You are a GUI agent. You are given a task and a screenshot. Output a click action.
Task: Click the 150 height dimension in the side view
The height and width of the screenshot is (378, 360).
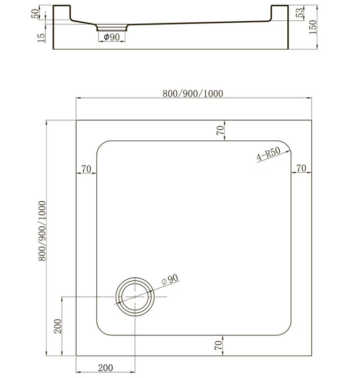coord(313,27)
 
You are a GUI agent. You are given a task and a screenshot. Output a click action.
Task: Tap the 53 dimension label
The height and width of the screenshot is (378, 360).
coord(299,13)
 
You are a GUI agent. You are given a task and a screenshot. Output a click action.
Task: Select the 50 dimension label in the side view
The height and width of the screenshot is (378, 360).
coord(35,14)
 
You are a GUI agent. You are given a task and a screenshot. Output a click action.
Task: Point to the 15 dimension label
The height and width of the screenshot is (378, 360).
coord(41,38)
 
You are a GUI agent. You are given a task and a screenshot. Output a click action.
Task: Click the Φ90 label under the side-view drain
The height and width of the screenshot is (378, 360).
coord(111,37)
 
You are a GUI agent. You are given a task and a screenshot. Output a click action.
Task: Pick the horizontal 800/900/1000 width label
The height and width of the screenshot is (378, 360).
coord(193,94)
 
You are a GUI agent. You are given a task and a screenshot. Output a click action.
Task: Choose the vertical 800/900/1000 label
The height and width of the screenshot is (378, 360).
coord(42,231)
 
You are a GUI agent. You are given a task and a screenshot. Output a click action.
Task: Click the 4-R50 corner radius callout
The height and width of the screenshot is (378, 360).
coord(268,154)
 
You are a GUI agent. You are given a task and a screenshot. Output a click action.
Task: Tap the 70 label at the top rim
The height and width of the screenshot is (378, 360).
coord(220,130)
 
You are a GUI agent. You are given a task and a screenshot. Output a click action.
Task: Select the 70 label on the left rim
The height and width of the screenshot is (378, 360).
coord(86,169)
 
